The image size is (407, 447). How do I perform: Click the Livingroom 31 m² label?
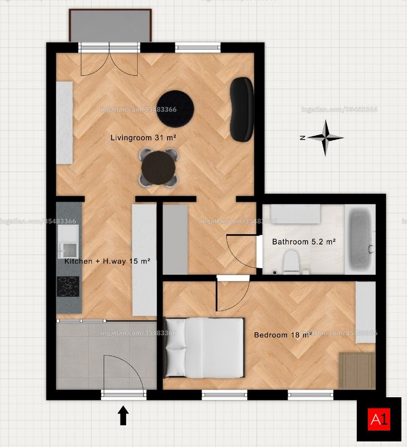(x=143, y=137)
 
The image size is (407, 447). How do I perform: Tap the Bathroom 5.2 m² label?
(x=304, y=242)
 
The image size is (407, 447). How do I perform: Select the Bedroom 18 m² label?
(x=282, y=335)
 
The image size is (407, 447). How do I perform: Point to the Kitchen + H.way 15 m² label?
(x=107, y=261)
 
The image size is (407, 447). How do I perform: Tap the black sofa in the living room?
(x=242, y=109)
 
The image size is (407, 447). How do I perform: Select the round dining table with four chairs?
(x=159, y=168)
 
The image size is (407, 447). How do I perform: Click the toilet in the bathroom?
(x=291, y=262)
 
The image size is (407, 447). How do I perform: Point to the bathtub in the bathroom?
(x=360, y=240)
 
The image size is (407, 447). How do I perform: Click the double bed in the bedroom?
(x=204, y=348)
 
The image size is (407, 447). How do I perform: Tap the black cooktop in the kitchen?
(x=68, y=287)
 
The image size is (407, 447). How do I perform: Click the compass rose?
(x=325, y=138)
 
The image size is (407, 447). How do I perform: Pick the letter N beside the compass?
(x=303, y=137)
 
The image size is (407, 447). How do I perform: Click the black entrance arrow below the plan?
(x=123, y=415)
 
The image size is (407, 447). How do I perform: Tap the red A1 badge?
(x=379, y=419)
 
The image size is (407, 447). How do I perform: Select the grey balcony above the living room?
(x=110, y=26)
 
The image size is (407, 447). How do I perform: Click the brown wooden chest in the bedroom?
(x=357, y=370)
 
